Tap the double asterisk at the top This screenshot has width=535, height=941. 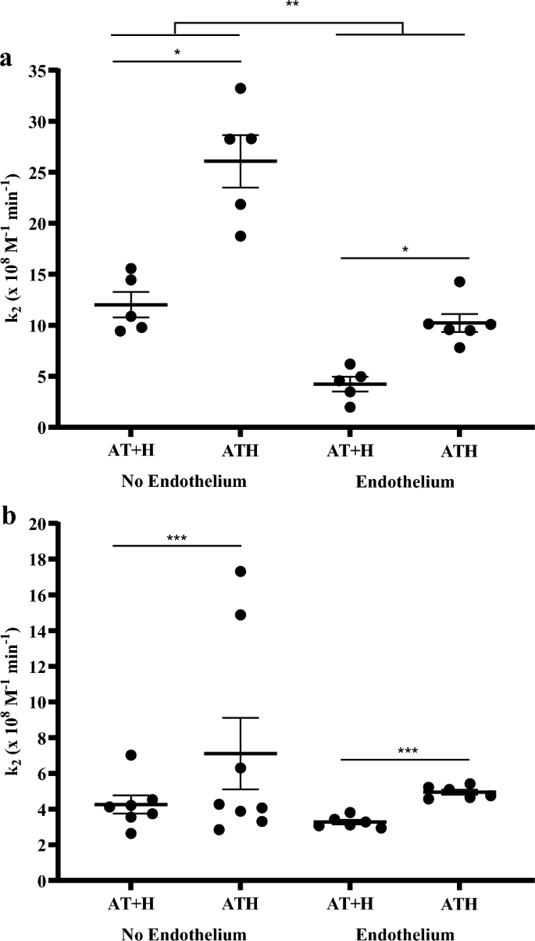(291, 5)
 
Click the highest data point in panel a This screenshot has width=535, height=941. (241, 88)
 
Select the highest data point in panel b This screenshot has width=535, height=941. (241, 571)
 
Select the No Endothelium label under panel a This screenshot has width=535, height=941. (184, 481)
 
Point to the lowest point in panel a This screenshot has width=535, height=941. (351, 407)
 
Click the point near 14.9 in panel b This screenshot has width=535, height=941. (241, 614)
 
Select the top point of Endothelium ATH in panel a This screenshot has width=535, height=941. (459, 281)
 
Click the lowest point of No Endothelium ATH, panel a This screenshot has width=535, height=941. (241, 236)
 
